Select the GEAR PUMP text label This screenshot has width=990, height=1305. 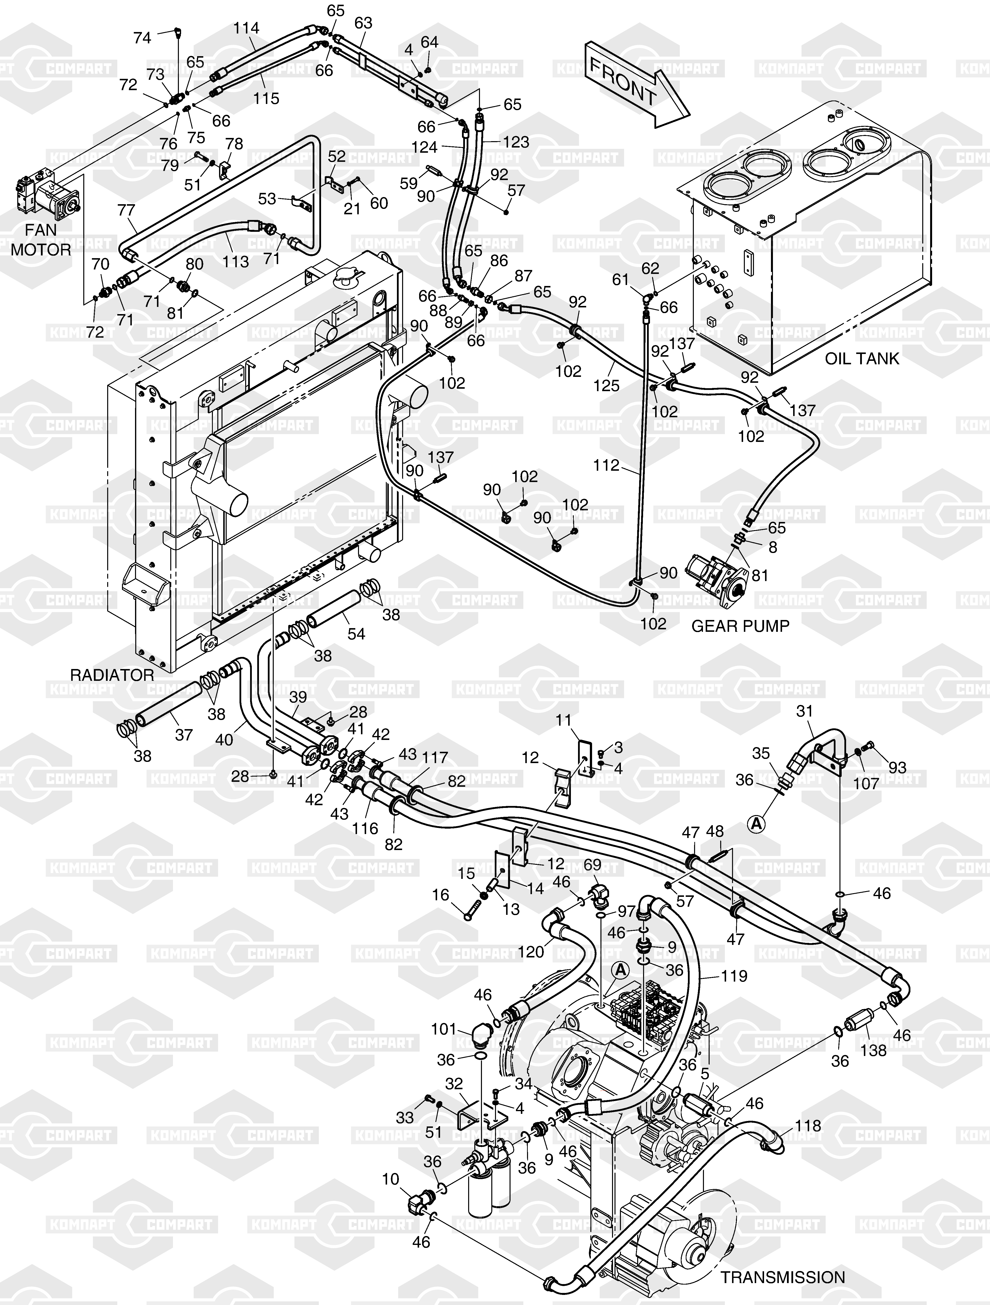pos(740,626)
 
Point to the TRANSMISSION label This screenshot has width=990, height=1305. pos(782,1277)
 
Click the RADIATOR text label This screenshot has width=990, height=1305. pos(112,675)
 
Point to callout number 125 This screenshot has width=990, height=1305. pos(607,385)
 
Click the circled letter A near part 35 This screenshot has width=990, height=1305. pos(756,823)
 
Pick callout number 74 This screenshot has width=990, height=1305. pos(142,38)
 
